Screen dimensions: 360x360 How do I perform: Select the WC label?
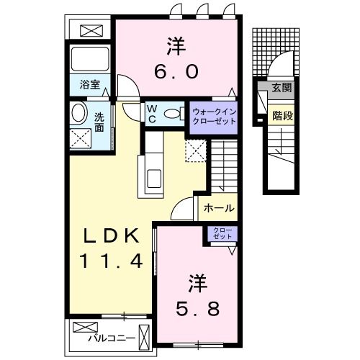pos(152,113)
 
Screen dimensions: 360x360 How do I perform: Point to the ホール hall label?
pos(218,208)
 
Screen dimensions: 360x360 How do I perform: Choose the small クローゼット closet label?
pos(219,233)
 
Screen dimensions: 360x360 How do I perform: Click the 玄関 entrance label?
pos(282,89)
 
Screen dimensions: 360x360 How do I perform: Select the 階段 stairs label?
pos(282,115)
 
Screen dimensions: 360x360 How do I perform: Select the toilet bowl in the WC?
pos(172,114)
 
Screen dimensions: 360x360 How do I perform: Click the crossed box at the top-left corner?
pos(91,30)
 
